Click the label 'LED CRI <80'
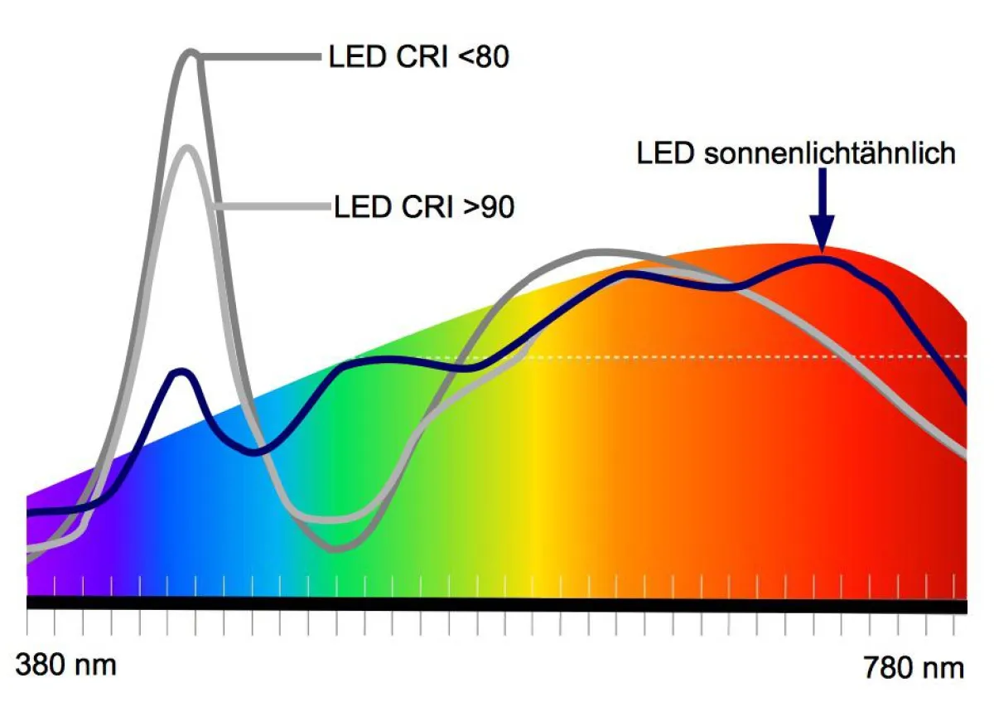[x=418, y=57]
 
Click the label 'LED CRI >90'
[x=424, y=206]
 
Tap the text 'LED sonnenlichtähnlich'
[x=795, y=153]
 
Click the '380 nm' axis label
[x=66, y=665]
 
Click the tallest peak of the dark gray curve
[x=191, y=54]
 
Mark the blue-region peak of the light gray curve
[x=188, y=148]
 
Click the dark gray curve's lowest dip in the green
[x=340, y=548]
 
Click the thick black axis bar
[x=497, y=605]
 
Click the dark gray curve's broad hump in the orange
[x=609, y=251]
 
